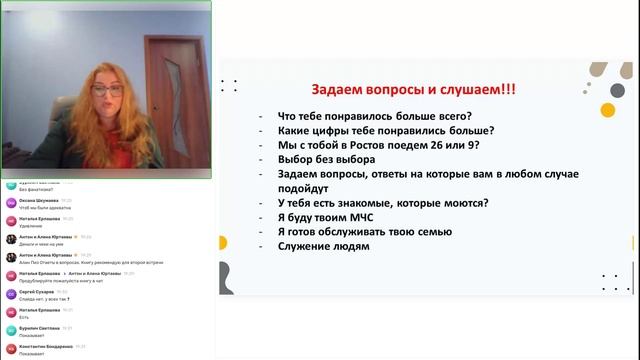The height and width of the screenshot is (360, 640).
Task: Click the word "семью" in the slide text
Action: pyautogui.click(x=440, y=233)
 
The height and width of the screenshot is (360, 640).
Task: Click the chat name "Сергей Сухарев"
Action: pyautogui.click(x=38, y=291)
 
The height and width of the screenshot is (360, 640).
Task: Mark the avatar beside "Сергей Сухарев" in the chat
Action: pyautogui.click(x=10, y=295)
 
